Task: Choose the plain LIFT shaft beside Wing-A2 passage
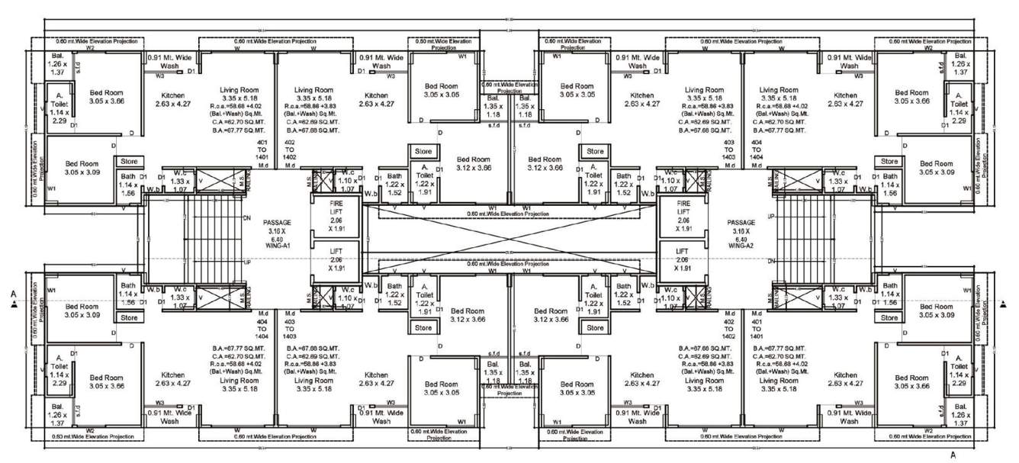point(683,259)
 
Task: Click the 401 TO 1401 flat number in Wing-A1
point(263,153)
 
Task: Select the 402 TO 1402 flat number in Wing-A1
point(290,153)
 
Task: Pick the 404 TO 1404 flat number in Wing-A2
point(757,153)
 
